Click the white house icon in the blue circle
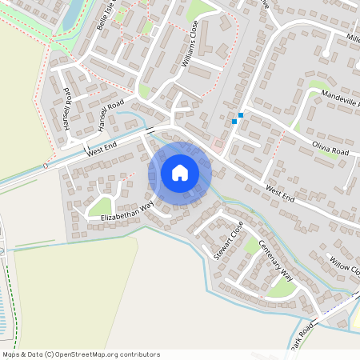click(x=180, y=173)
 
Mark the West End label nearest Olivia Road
click(x=281, y=196)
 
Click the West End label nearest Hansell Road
click(x=102, y=148)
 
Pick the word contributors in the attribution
click(x=141, y=354)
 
